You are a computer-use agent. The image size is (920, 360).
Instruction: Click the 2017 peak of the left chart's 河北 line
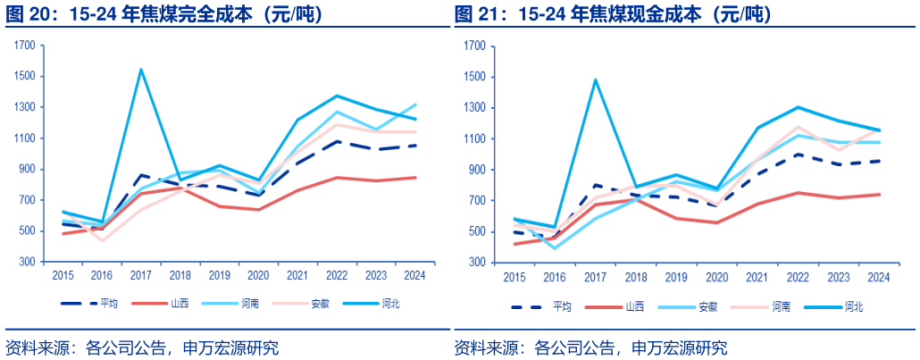tap(140, 70)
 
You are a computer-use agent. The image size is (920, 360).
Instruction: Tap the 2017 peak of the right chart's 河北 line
tap(595, 80)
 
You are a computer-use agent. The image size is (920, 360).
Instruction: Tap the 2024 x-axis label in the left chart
tap(414, 275)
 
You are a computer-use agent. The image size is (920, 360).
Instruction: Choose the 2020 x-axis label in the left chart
tap(257, 275)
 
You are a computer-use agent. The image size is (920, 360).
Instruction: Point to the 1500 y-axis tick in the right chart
tap(475, 77)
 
